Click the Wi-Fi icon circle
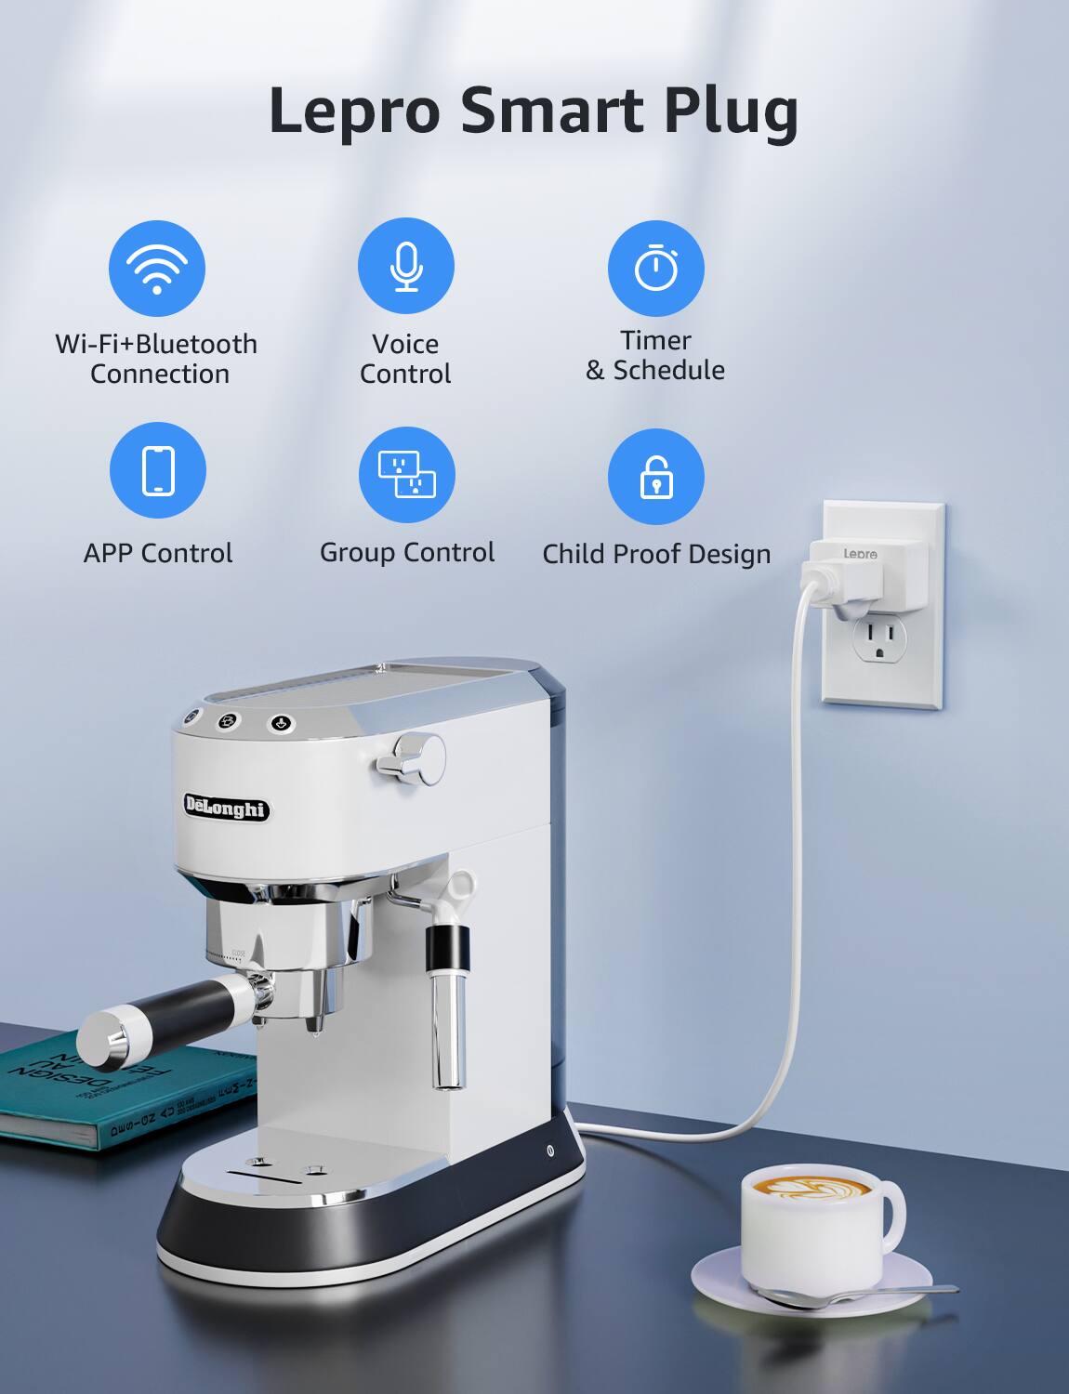(x=156, y=268)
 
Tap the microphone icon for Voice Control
(x=406, y=266)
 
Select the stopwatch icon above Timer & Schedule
(x=655, y=268)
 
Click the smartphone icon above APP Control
(x=158, y=470)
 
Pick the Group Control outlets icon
(x=407, y=474)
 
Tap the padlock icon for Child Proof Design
(x=656, y=476)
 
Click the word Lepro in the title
(x=354, y=111)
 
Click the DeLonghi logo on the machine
(x=225, y=807)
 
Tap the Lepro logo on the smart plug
(x=860, y=554)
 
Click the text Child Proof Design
(x=656, y=554)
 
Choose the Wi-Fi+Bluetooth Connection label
(x=156, y=359)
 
